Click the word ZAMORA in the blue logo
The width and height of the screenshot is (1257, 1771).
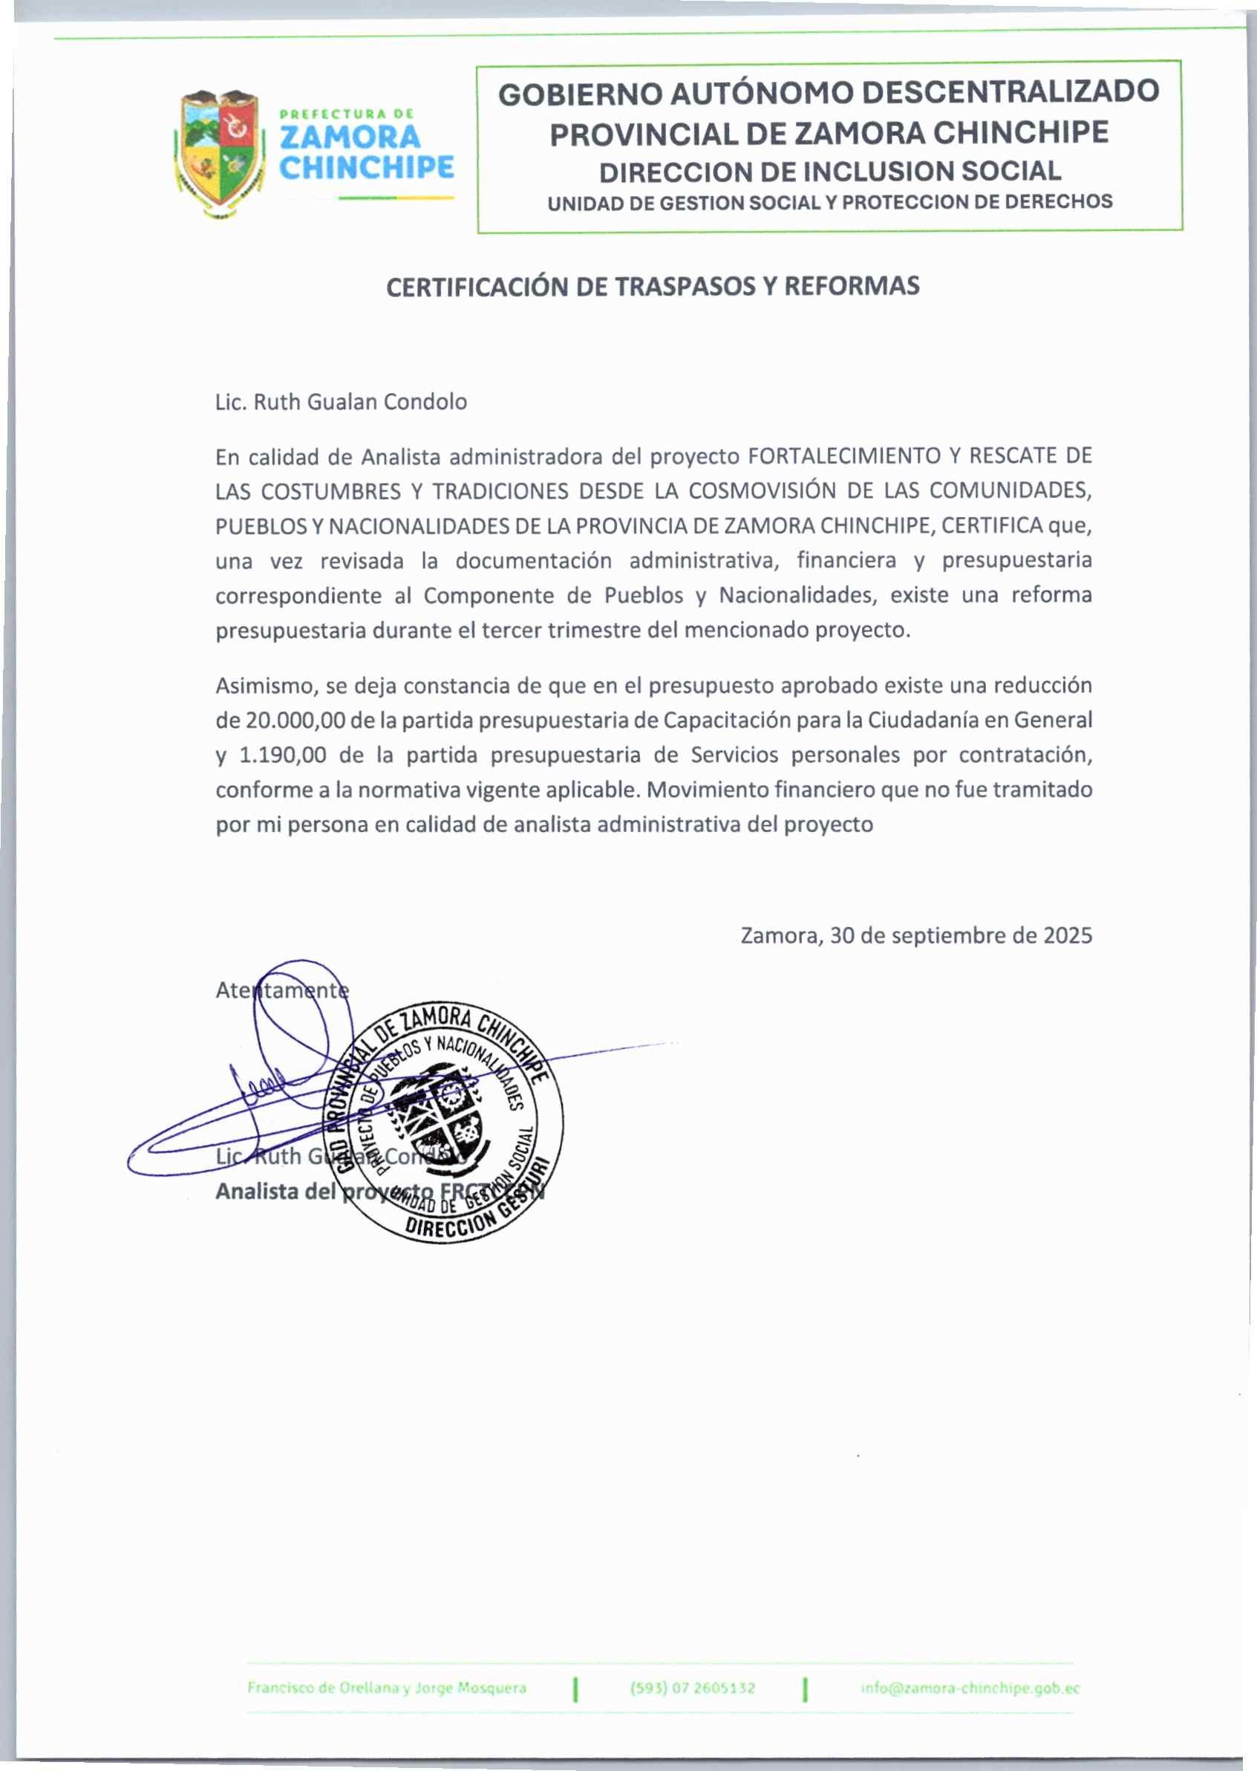pos(349,138)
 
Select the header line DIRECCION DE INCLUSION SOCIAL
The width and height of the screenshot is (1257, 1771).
pos(830,171)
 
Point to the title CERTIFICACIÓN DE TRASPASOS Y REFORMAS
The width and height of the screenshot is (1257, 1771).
pos(653,287)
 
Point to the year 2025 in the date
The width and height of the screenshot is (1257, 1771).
pos(1068,935)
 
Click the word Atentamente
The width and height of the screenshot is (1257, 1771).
pos(281,990)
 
